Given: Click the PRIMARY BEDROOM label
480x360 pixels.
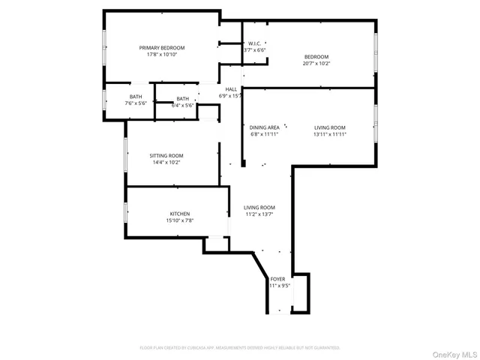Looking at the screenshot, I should [x=161, y=48].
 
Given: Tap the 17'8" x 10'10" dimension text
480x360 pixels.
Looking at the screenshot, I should [x=161, y=55].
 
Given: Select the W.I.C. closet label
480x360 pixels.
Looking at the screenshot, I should [x=254, y=43].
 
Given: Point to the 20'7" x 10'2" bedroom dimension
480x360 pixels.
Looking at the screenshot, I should [x=316, y=64].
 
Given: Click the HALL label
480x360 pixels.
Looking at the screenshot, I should [x=231, y=89].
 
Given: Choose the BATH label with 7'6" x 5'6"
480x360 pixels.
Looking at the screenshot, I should [x=136, y=97].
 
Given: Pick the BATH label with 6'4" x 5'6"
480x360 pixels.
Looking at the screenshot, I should [x=183, y=99].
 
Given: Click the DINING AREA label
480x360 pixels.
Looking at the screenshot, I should [x=264, y=127].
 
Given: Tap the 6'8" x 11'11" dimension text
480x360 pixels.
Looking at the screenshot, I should [x=264, y=134].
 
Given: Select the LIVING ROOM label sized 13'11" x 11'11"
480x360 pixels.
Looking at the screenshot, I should [x=329, y=127].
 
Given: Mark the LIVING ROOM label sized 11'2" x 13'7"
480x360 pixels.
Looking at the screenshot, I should [x=259, y=208].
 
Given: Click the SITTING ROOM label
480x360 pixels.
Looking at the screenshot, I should [x=166, y=155].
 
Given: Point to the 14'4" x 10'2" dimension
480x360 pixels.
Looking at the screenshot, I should [x=166, y=162].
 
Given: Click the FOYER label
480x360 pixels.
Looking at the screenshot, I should [x=277, y=279].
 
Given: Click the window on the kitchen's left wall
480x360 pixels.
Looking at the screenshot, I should [x=125, y=212].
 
